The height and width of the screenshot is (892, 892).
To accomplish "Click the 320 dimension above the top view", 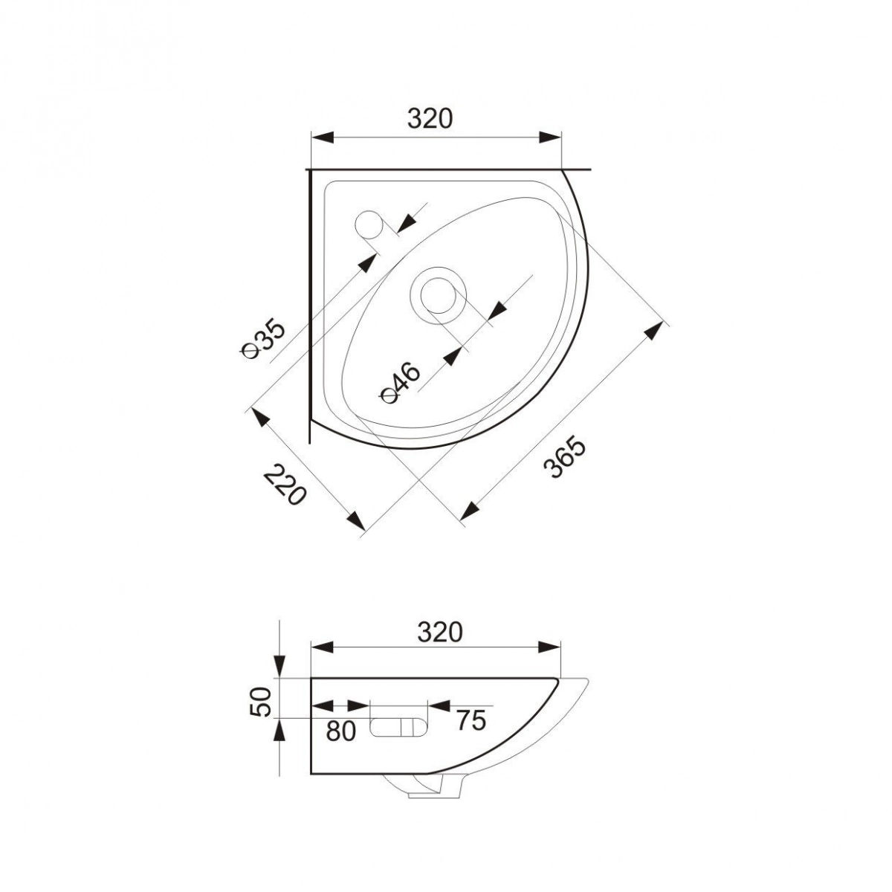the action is tap(430, 119).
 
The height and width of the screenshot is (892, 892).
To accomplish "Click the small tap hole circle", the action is tap(369, 224).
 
